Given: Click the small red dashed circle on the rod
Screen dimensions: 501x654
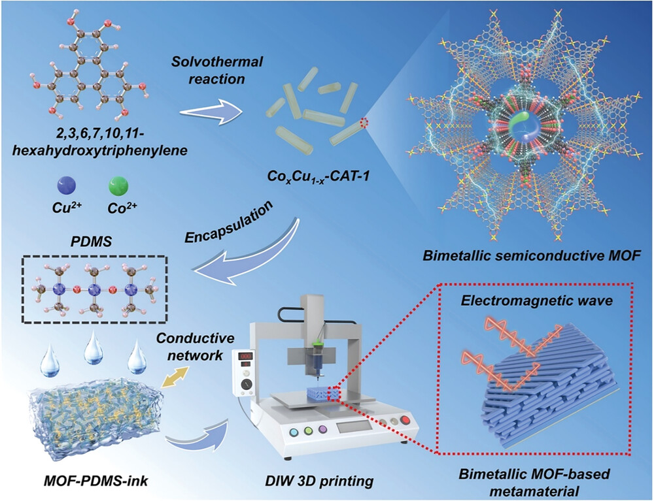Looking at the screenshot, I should (x=364, y=122).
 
